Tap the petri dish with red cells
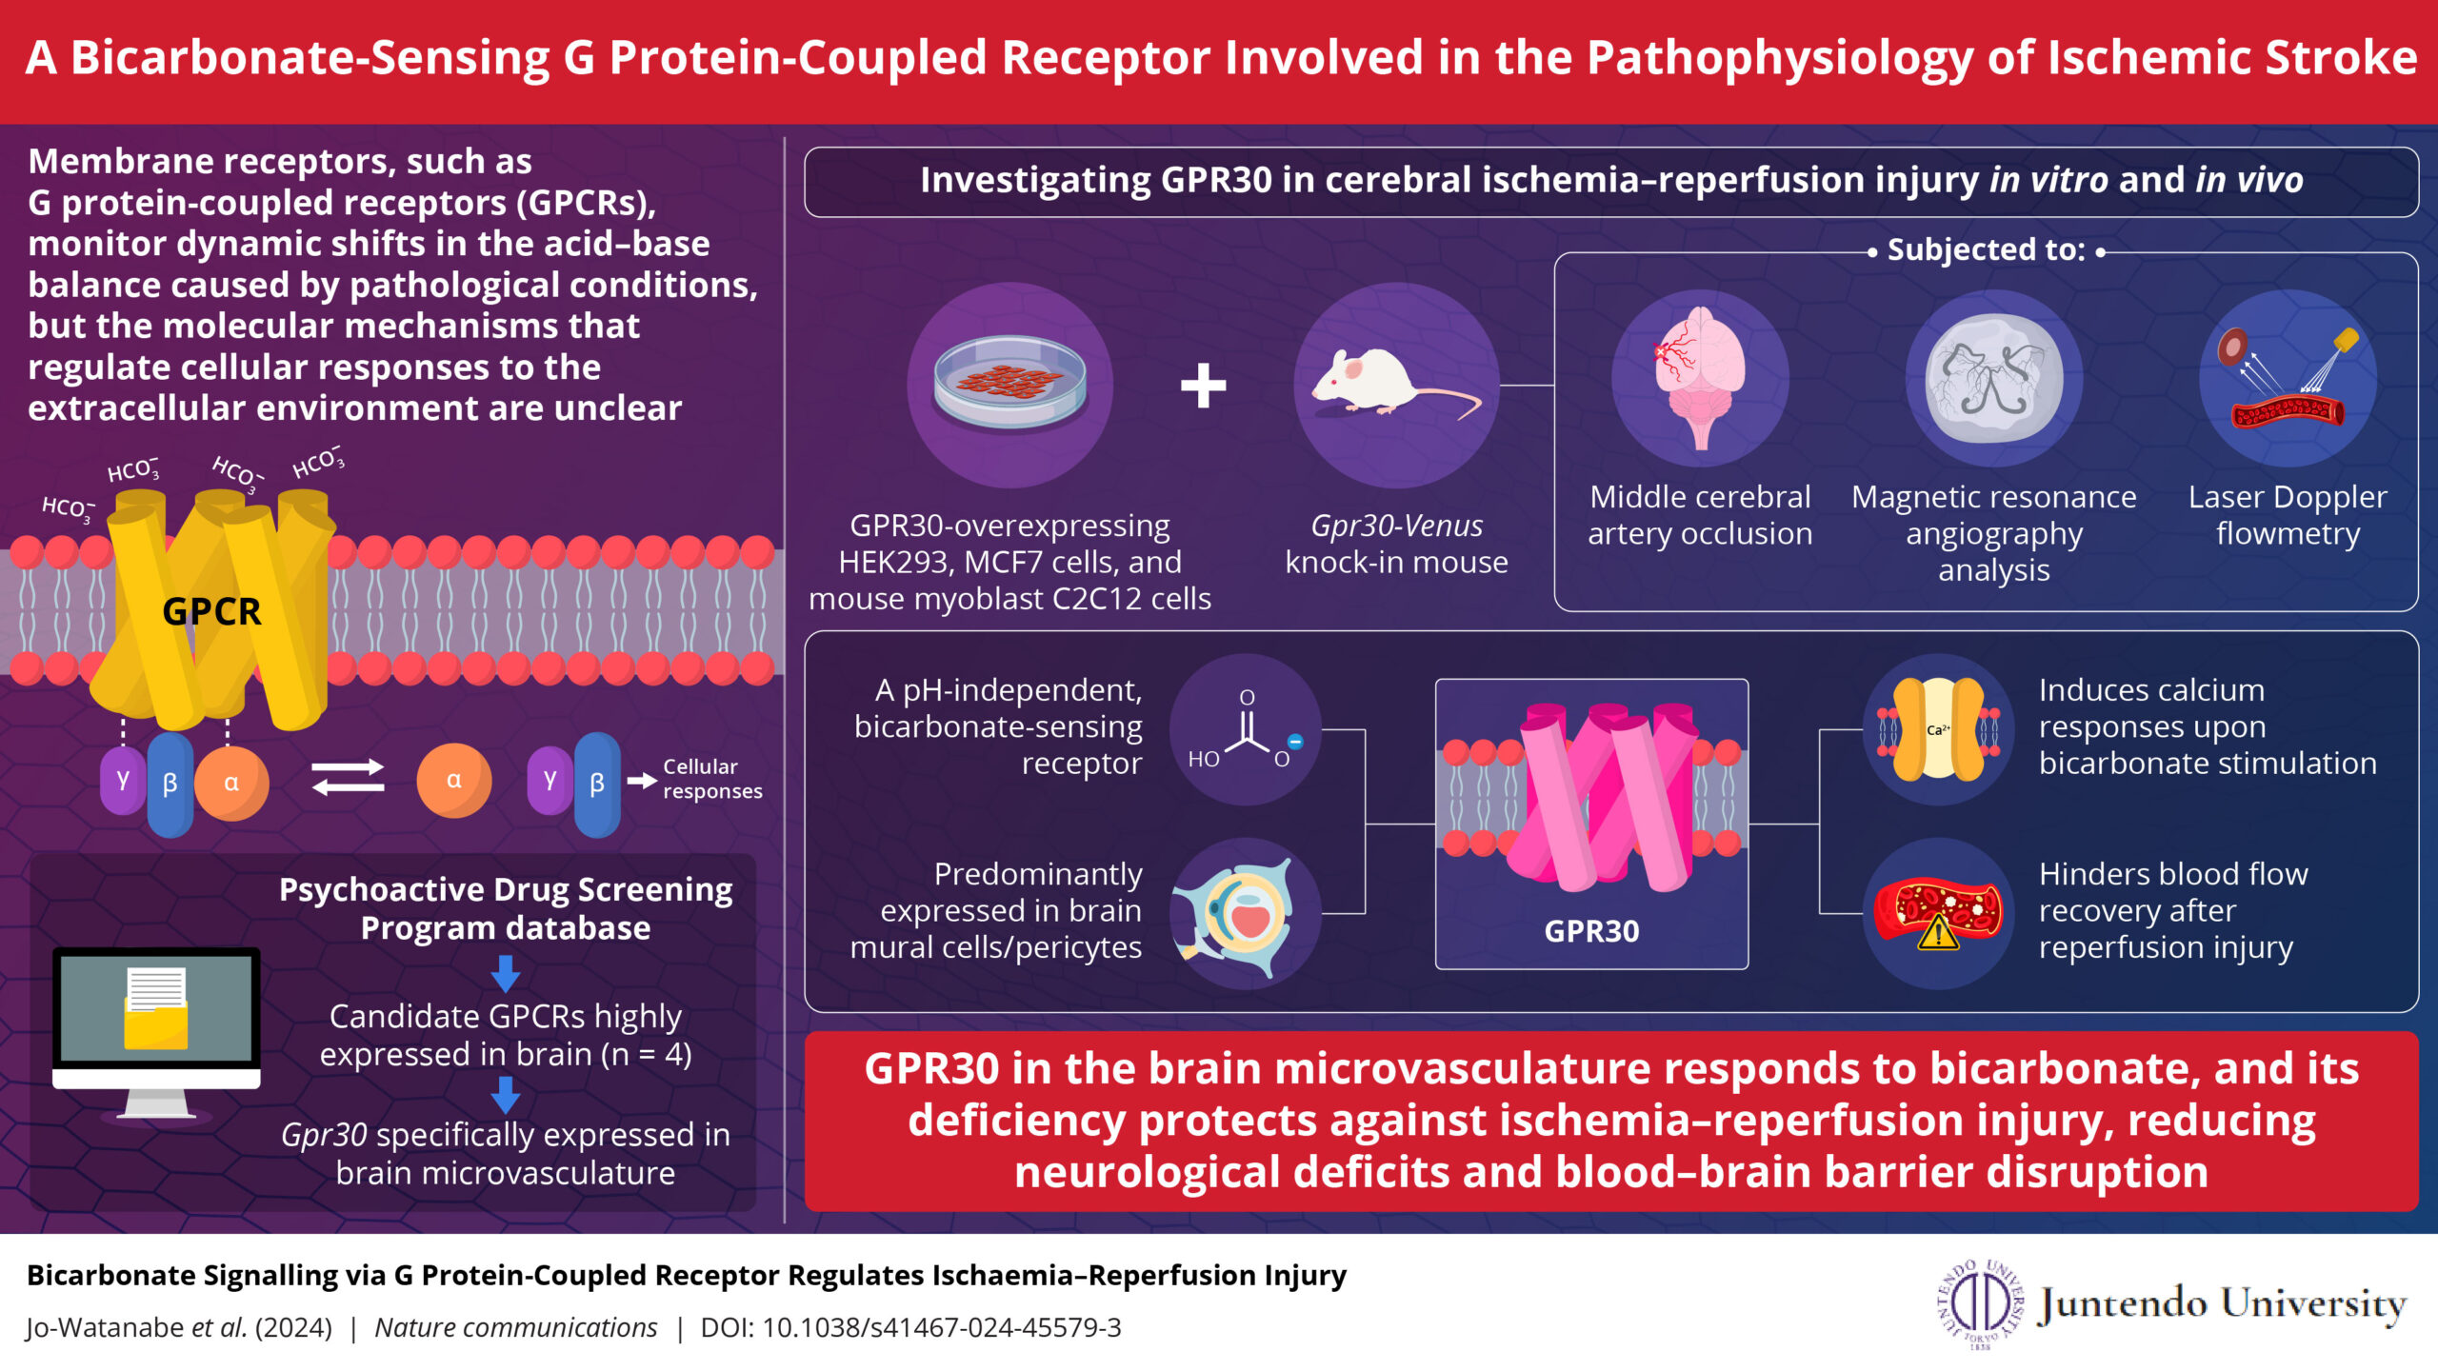(x=1010, y=382)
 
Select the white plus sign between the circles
(x=1204, y=386)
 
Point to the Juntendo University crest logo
(x=1981, y=1303)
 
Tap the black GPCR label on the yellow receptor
(x=211, y=611)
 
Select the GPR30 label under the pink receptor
(x=1591, y=931)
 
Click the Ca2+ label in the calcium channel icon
(x=1938, y=730)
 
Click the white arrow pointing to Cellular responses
(x=642, y=781)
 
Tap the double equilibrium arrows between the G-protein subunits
(x=349, y=776)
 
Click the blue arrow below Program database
(x=506, y=974)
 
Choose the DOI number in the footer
(x=942, y=1327)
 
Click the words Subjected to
(x=1987, y=249)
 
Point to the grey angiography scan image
(x=1994, y=378)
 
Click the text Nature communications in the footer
(x=515, y=1327)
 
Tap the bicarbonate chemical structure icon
(x=1246, y=730)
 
